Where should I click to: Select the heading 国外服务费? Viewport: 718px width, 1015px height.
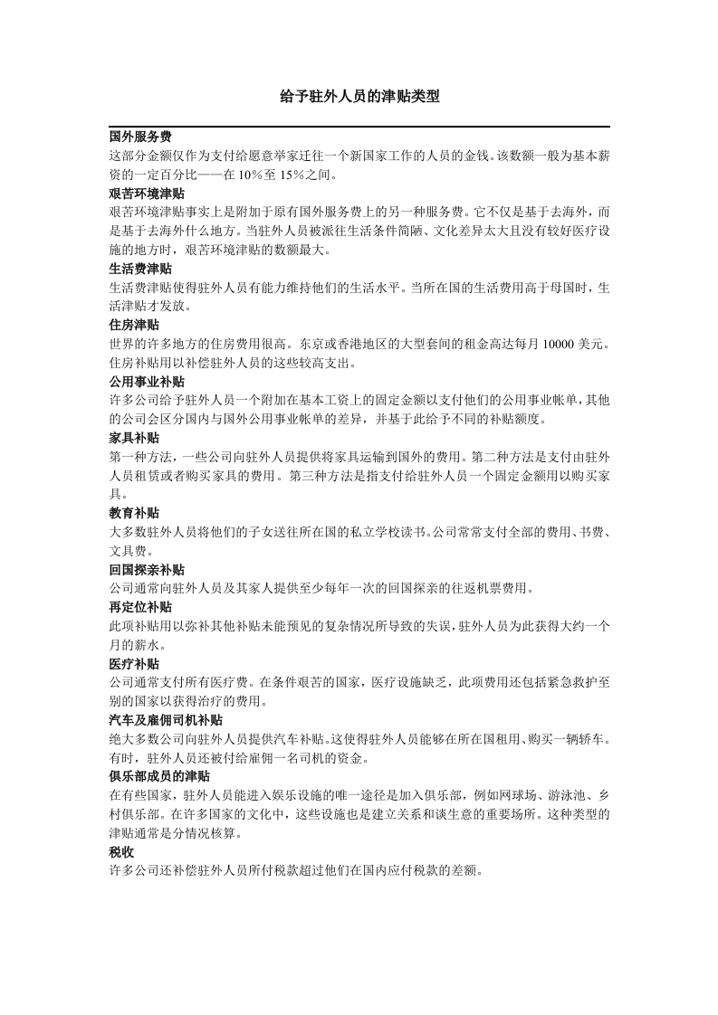(140, 138)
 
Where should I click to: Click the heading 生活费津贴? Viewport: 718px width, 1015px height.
(140, 269)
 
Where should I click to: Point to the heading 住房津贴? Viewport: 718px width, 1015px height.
(134, 325)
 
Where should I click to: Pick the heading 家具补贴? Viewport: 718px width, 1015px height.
(134, 438)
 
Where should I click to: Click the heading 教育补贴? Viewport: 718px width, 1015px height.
(134, 513)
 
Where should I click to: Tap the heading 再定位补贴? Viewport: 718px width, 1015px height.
(140, 607)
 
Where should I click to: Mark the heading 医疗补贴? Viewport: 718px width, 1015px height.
(134, 664)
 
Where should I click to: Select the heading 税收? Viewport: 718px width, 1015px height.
(121, 852)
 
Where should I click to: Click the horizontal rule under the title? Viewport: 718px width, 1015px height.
(359, 127)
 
